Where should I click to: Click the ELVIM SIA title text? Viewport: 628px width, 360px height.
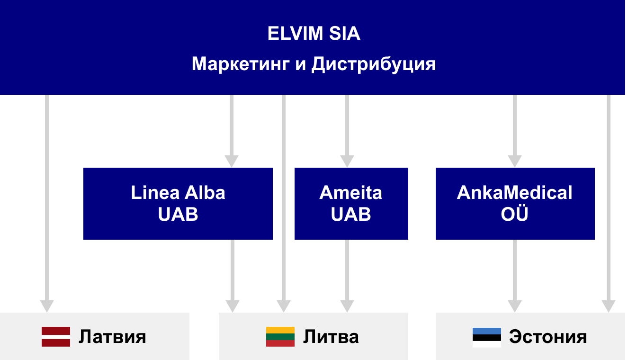[314, 33]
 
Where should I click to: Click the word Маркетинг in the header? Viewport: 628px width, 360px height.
[241, 64]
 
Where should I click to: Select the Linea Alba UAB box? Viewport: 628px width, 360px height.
[178, 204]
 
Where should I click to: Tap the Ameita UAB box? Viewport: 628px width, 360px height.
[351, 204]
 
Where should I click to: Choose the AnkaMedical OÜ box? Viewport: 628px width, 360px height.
[515, 204]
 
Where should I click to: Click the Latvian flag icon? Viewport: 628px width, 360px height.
[56, 336]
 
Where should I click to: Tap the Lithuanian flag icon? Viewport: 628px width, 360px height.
[280, 336]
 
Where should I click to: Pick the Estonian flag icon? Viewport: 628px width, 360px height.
[487, 337]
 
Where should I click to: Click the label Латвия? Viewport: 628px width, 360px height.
[112, 336]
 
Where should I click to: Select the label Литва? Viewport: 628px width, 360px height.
[331, 336]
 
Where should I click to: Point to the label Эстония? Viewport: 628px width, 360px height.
[548, 336]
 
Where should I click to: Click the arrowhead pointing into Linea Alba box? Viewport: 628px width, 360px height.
[232, 161]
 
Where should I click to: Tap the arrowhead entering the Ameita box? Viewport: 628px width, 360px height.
[347, 161]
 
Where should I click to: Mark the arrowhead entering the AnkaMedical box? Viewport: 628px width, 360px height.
[515, 161]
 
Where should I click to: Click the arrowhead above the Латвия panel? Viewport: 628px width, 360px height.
[47, 306]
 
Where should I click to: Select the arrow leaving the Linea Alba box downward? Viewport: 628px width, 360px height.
[233, 276]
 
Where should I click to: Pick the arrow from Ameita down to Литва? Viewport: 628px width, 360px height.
[347, 276]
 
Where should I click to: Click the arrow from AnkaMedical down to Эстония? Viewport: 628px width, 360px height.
[515, 276]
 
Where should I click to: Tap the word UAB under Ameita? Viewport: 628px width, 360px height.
[351, 214]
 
